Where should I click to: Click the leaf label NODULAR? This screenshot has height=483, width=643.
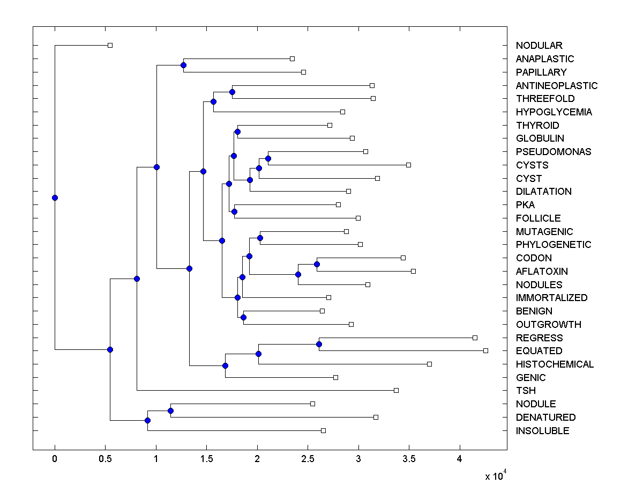coord(539,46)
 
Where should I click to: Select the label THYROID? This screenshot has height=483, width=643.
coord(537,126)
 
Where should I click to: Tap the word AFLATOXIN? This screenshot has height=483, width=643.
coord(542,272)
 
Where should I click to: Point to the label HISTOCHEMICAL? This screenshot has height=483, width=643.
coord(555,364)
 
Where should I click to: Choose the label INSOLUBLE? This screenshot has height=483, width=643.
coord(542,431)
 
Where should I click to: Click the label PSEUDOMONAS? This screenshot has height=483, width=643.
coord(554,152)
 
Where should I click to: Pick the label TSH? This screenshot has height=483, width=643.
coord(526,391)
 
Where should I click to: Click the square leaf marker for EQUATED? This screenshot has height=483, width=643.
coord(485,350)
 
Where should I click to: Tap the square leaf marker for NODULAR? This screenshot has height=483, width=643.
coord(110,45)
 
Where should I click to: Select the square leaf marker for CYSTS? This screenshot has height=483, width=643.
coord(408,165)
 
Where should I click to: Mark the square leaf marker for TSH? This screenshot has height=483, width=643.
coord(396,390)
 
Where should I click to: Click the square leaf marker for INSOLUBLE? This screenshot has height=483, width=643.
coord(323,430)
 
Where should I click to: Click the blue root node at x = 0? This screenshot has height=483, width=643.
coord(55,197)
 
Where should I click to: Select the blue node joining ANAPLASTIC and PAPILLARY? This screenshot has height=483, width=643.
coord(183,65)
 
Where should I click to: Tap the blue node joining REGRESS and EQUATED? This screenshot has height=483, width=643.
coord(319,344)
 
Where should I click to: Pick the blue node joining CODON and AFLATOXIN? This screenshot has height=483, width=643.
coord(317,264)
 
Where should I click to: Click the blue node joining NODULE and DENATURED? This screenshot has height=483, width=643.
coord(170,411)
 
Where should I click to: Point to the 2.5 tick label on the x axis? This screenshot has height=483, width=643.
coord(308,459)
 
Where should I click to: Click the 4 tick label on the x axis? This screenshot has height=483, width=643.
coord(459,459)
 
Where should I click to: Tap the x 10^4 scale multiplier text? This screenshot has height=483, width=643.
coord(496,476)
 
